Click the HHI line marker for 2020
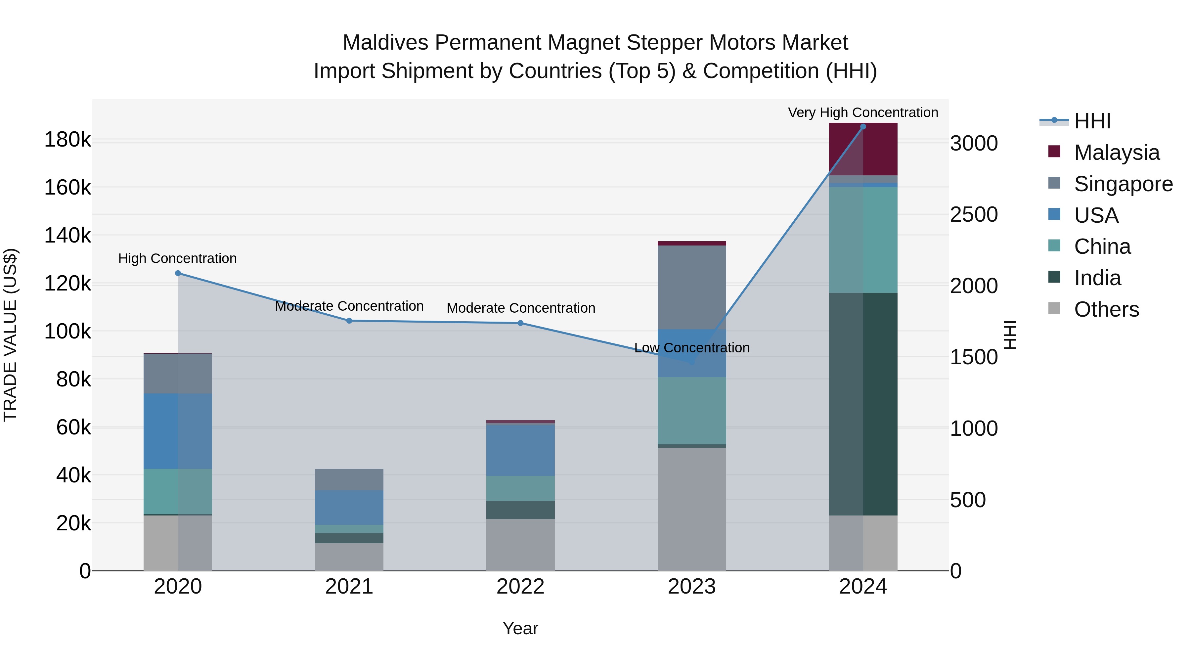click(x=178, y=273)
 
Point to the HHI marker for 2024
click(x=863, y=127)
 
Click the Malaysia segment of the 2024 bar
click(x=863, y=149)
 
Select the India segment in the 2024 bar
click(x=863, y=404)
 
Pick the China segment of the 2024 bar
click(x=863, y=240)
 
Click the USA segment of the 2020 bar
click(x=178, y=431)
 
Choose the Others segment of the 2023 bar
click(x=692, y=509)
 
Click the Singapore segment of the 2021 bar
click(x=349, y=479)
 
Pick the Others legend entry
click(x=1106, y=309)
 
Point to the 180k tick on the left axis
click(x=67, y=140)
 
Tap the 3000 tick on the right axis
click(x=974, y=143)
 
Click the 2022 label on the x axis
click(x=521, y=587)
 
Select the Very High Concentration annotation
click(x=863, y=112)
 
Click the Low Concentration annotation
click(x=692, y=348)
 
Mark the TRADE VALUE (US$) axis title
click(x=10, y=335)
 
